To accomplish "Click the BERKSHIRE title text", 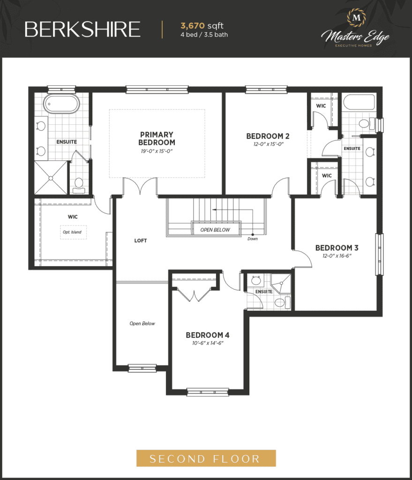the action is tap(82, 30).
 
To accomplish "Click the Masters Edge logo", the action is tap(355, 29).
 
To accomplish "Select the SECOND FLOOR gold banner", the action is tap(206, 458).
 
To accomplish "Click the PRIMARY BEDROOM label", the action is tap(157, 138).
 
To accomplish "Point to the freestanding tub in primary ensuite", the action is tap(61, 104).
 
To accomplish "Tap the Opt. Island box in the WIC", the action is tap(73, 232).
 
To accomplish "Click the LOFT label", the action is tap(141, 240).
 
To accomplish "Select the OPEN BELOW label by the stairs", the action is tap(215, 230).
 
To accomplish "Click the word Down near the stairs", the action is tap(253, 239).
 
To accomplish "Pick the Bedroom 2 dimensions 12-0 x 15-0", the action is tap(269, 144).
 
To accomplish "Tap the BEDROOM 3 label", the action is tap(337, 247).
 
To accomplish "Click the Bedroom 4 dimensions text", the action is tap(208, 343).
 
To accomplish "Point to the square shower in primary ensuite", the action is tap(51, 178).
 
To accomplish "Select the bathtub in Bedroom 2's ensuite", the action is tap(359, 102).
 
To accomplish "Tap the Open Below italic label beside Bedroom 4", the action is tap(142, 323).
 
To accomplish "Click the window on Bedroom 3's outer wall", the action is tap(379, 255).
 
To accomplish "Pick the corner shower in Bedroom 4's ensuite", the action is tap(281, 284).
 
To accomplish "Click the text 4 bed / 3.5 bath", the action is tap(204, 35).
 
